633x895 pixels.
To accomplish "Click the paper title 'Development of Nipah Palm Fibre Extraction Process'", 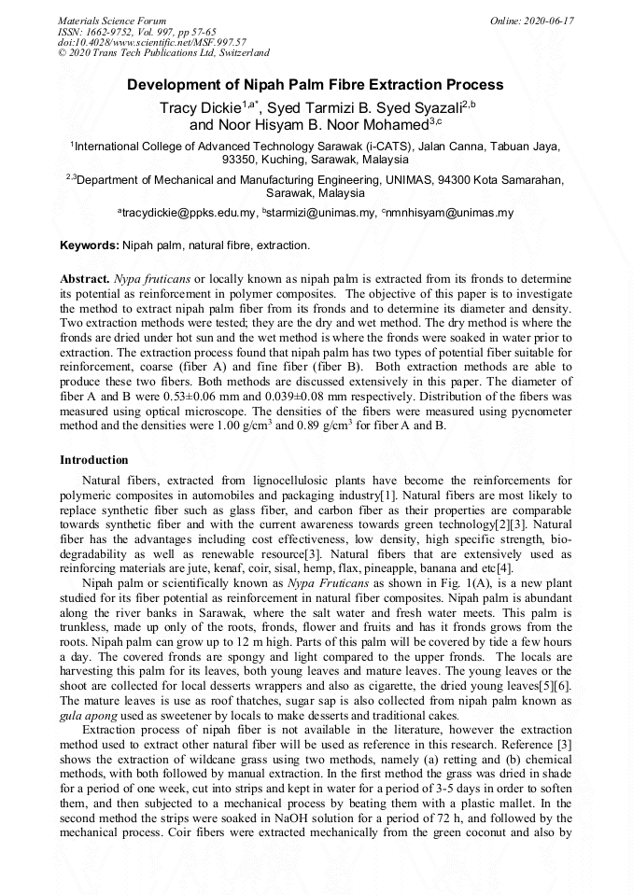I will (316, 85).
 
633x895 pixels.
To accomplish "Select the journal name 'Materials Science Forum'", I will (112, 21).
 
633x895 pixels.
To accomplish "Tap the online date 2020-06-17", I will (532, 21).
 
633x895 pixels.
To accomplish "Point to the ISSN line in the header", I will (137, 32).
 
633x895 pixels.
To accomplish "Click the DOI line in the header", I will (151, 42).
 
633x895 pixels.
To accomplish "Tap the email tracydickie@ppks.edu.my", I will (189, 213).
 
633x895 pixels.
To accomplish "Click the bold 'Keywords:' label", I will (90, 245).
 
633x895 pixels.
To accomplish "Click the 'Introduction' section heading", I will (94, 460).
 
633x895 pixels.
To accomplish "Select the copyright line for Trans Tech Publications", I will (163, 53).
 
